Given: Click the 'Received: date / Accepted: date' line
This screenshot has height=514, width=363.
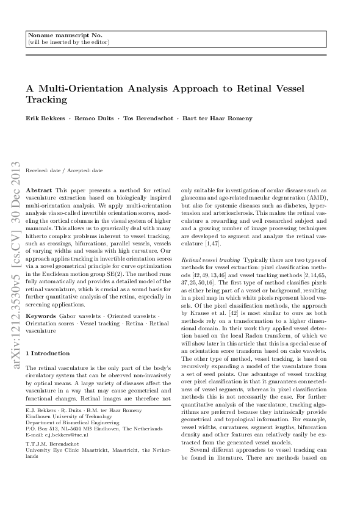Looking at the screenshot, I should (64, 170).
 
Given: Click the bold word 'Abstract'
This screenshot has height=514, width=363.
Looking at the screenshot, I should (40, 190).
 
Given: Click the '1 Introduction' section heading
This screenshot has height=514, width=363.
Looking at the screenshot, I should (48, 353).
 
